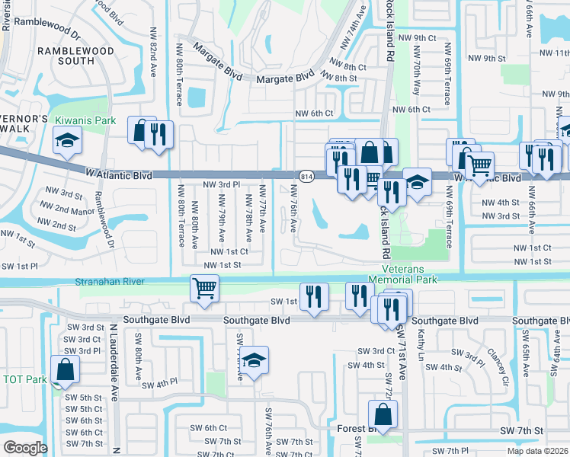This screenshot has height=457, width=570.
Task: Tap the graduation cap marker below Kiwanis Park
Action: point(67,140)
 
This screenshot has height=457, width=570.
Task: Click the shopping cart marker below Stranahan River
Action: point(204,289)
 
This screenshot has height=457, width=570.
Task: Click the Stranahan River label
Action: point(110,282)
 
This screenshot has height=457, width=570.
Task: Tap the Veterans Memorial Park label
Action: point(409,274)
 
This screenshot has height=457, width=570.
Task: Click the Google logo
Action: point(25,447)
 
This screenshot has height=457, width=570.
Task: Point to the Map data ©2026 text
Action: point(538,451)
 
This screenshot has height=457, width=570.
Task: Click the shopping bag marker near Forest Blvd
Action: point(382,415)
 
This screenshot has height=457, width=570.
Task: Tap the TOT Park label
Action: point(25,379)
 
